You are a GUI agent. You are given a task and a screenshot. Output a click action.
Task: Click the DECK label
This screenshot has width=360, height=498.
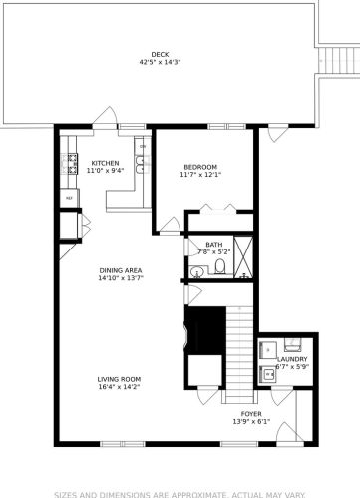pyautogui.click(x=160, y=54)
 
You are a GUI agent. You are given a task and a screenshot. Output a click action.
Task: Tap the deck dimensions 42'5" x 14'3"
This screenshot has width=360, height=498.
pyautogui.click(x=160, y=62)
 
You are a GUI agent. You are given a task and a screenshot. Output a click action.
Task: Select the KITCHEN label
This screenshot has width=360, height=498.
pyautogui.click(x=105, y=163)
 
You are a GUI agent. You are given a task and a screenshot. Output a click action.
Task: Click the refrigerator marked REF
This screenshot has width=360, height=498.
pyautogui.click(x=70, y=197)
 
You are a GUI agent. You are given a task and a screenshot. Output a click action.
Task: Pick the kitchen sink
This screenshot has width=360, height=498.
pyautogui.click(x=142, y=166)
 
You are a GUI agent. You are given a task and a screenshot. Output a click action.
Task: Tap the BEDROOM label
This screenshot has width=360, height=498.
pyautogui.click(x=200, y=167)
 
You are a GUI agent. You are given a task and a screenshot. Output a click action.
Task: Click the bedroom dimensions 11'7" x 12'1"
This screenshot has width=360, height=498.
pyautogui.click(x=200, y=175)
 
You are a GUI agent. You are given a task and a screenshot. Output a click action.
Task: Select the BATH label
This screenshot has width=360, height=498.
pyautogui.click(x=214, y=245)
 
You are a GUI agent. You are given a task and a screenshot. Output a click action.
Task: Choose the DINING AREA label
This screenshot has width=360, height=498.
pyautogui.click(x=120, y=270)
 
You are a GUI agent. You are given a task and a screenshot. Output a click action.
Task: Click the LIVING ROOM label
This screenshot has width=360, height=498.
pyautogui.click(x=119, y=379)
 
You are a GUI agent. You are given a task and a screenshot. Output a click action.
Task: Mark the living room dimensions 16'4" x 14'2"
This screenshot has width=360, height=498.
pyautogui.click(x=119, y=387)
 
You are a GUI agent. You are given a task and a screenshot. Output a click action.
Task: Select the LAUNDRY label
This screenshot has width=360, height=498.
pyautogui.click(x=292, y=359)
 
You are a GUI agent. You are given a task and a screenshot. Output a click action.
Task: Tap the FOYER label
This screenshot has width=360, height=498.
pyautogui.click(x=251, y=412)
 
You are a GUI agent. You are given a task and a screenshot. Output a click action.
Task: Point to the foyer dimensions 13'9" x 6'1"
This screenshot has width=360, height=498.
pyautogui.click(x=251, y=420)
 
